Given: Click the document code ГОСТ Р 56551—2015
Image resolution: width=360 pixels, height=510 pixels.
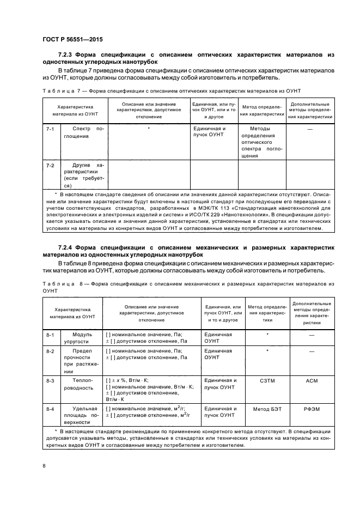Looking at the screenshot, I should coord(72,40).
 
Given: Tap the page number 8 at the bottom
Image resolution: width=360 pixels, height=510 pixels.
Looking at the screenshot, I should coord(44,465).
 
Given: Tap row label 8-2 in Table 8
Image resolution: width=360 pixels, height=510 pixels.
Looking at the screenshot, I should coord(50,351).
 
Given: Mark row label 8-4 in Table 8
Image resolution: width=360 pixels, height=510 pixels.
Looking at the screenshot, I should coord(50,409).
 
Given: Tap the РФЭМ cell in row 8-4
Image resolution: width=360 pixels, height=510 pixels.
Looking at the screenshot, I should coord(312,409).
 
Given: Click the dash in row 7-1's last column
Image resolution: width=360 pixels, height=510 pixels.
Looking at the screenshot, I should coord(310,130).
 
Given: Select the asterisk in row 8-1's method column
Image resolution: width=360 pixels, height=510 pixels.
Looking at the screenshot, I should coord(268,334).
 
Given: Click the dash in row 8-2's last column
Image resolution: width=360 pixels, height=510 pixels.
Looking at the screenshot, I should coord(312,352).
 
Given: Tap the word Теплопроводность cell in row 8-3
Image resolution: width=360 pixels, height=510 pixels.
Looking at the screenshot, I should coord(82,384).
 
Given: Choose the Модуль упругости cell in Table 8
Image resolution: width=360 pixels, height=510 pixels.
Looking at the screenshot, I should coord(82,338).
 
